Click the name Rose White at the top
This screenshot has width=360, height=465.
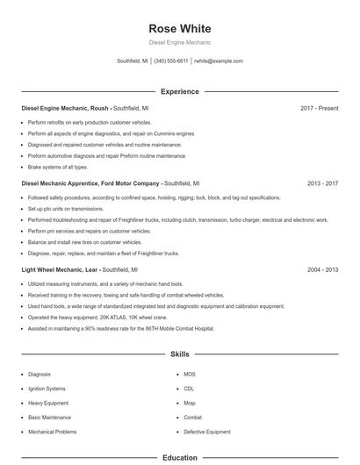[x=179, y=28]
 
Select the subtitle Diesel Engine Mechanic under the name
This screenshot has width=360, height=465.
[x=179, y=42]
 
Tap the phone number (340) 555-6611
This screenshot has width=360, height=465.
[x=171, y=61]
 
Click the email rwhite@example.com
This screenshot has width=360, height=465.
[x=219, y=61]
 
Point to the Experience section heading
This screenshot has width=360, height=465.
[x=179, y=91]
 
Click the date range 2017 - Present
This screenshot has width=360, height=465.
[x=319, y=108]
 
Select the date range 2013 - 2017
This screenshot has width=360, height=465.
[x=322, y=183]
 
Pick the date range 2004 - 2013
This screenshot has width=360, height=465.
[x=322, y=270]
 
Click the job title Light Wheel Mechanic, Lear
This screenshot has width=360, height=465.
[x=60, y=270]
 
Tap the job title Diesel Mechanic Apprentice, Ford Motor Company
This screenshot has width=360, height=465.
[x=90, y=183]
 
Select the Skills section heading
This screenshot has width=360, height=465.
[x=179, y=354]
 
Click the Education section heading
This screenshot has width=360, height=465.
[x=179, y=457]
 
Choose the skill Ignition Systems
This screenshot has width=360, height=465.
[x=47, y=388]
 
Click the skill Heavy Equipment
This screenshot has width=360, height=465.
[x=47, y=403]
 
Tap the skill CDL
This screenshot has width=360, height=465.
[x=189, y=388]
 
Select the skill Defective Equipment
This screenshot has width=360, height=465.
[x=207, y=432]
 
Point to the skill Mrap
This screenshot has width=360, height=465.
[x=190, y=403]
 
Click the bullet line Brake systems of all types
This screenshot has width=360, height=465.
[x=58, y=167]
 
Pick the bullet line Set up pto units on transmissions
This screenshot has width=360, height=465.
[x=67, y=209]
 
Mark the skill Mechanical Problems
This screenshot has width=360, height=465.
[x=52, y=432]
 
